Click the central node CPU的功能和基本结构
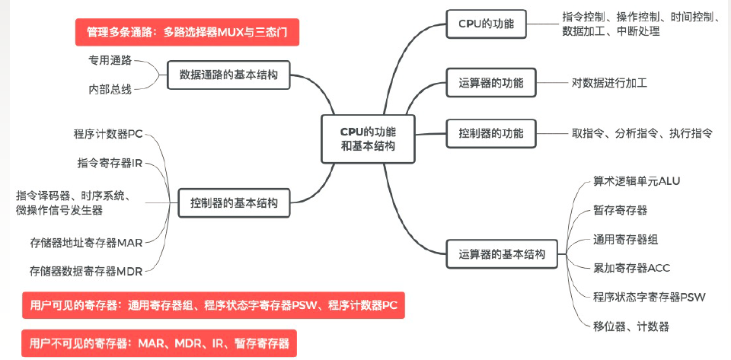point(368,138)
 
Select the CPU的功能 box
point(492,24)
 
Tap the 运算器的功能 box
point(491,83)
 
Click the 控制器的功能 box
point(491,133)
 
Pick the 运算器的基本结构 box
point(503,254)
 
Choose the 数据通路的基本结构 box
point(228,75)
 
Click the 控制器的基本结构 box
point(234,202)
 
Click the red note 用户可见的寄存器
point(213,305)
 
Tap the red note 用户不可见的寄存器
point(159,343)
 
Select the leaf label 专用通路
point(110,59)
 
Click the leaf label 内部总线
point(110,89)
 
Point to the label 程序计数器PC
point(108,135)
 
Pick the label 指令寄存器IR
point(110,163)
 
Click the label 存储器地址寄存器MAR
point(87,243)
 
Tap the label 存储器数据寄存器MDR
point(86,270)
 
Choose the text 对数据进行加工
point(609,83)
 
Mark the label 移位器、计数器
point(630,327)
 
